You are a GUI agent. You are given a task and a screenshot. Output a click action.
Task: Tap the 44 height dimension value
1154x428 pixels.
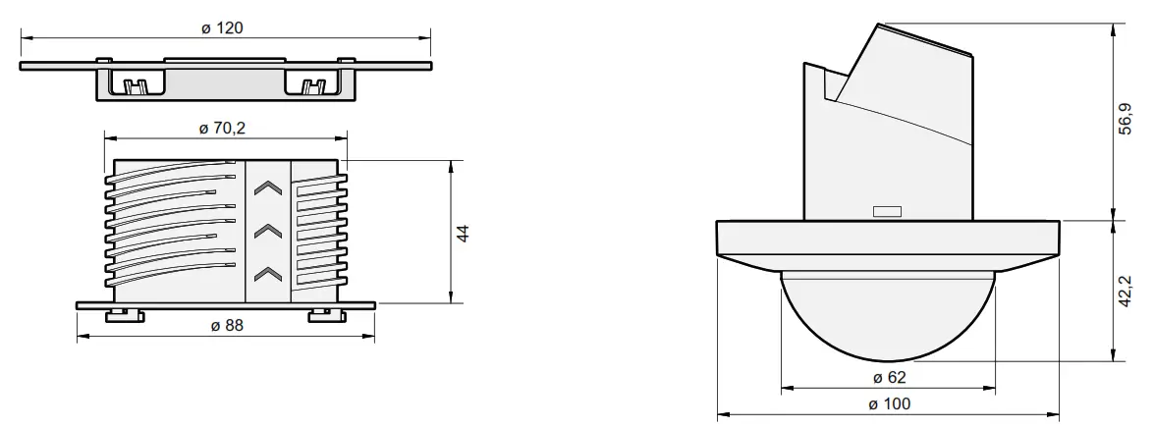click(x=465, y=234)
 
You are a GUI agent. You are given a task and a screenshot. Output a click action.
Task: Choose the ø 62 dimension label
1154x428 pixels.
click(x=889, y=377)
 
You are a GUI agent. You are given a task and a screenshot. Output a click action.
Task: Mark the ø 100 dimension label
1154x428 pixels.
click(x=889, y=403)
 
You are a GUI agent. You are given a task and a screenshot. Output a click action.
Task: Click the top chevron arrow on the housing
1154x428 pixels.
click(x=266, y=189)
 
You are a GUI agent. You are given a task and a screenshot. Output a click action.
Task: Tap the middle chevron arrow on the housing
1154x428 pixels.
click(x=266, y=232)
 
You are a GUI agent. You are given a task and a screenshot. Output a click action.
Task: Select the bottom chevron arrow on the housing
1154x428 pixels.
click(x=266, y=272)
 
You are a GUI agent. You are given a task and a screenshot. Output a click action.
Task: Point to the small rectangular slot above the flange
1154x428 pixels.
click(x=887, y=210)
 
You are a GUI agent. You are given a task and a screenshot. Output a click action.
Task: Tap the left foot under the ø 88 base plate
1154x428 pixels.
click(x=120, y=314)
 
